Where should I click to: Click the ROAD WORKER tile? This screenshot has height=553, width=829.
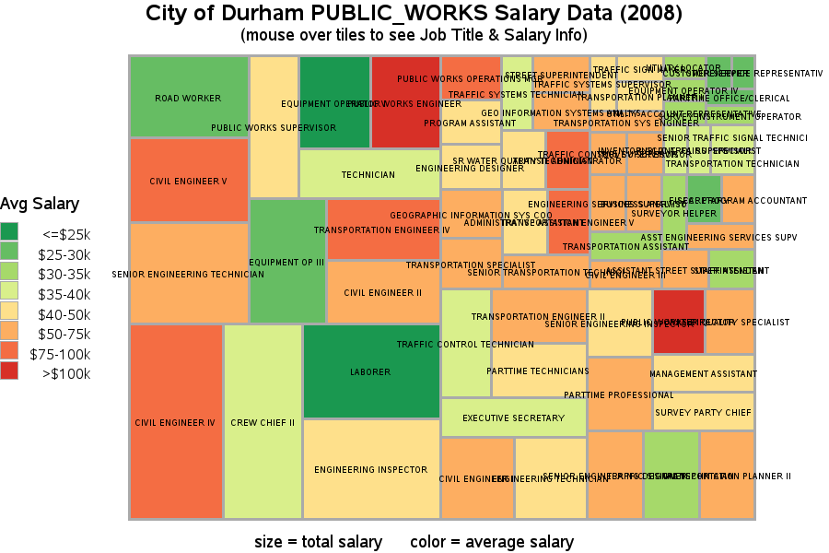(x=188, y=97)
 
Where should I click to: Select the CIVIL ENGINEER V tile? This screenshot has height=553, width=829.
(x=188, y=181)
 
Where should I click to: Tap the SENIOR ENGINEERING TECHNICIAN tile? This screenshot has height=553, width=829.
(x=188, y=273)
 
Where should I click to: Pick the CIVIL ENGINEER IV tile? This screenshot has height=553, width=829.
(x=175, y=422)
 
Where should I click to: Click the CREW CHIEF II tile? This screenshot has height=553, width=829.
(x=263, y=422)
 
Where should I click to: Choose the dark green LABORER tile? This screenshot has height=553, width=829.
(x=370, y=371)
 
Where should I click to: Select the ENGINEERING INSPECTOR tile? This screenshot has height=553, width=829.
(x=370, y=469)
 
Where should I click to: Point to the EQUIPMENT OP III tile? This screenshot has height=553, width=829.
(x=286, y=262)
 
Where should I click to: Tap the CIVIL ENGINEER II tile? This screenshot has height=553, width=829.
(x=382, y=292)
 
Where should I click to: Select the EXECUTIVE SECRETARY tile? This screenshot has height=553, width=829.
(x=513, y=418)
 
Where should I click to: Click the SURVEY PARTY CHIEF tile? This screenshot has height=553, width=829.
(x=704, y=412)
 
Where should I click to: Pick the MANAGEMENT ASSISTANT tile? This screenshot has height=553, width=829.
(x=704, y=373)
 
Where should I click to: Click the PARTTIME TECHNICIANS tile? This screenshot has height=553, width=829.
(x=538, y=371)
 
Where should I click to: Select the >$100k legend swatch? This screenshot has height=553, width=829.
(x=10, y=373)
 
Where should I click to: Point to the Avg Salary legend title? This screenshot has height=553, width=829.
(x=40, y=204)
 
